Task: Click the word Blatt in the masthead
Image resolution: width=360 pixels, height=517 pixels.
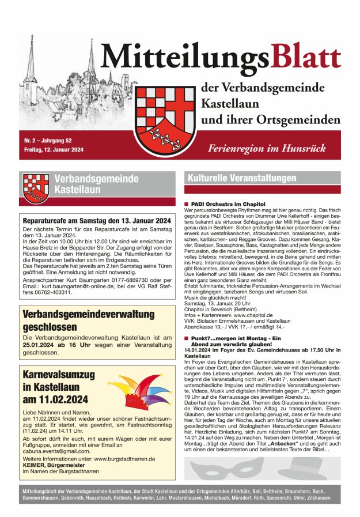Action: click(306, 58)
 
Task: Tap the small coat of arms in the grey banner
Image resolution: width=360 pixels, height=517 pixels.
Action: click(36, 188)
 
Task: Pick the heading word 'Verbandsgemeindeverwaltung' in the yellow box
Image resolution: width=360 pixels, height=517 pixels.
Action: click(81, 315)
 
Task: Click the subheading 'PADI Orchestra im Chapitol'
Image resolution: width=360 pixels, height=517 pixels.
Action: click(228, 204)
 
